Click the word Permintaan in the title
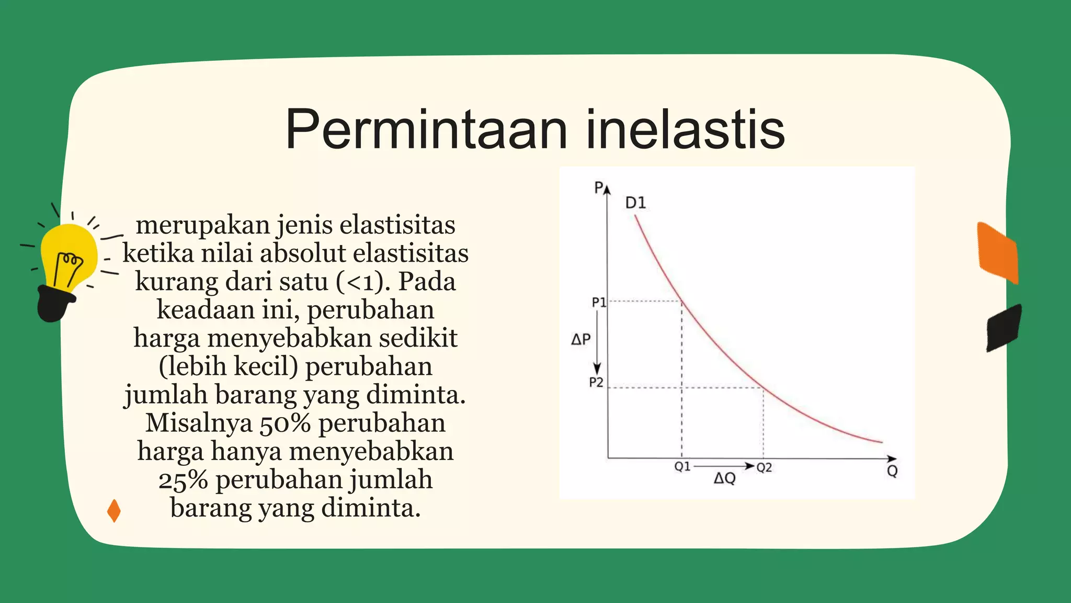(x=426, y=129)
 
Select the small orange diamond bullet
(x=113, y=511)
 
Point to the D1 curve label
(x=635, y=203)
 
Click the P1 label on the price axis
(x=598, y=302)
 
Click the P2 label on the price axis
(x=596, y=383)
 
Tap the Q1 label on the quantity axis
(x=682, y=466)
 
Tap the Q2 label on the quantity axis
(x=764, y=467)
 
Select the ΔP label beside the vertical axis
(x=580, y=340)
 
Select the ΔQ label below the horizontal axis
(x=724, y=478)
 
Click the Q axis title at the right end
(x=892, y=471)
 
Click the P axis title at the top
(x=599, y=187)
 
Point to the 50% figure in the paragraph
(x=285, y=423)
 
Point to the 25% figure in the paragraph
(x=183, y=480)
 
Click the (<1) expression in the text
(x=363, y=282)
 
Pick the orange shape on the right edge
(x=998, y=253)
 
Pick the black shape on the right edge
(x=1004, y=328)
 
